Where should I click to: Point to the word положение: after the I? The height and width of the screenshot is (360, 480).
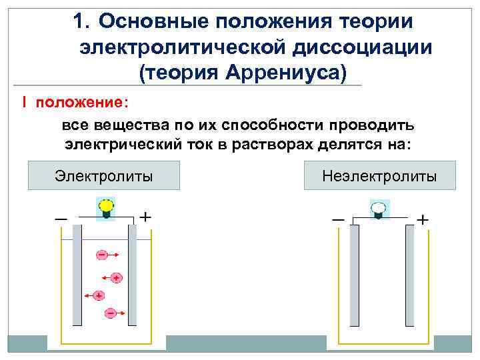83,103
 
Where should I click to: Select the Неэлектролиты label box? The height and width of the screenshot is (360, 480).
379,176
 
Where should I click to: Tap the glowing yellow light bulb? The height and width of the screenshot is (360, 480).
105,206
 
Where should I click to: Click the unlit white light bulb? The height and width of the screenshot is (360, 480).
379,209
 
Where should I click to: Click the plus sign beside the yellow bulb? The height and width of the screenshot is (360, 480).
145,217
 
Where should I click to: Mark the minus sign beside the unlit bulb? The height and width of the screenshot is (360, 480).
338,219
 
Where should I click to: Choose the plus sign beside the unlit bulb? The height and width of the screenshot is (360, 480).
423,219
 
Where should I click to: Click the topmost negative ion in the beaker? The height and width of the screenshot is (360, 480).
102,255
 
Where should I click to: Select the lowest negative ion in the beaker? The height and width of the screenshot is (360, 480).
110,312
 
